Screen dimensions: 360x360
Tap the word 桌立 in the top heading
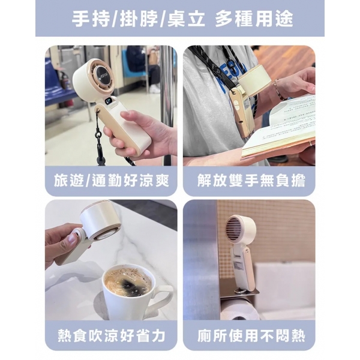[186, 19]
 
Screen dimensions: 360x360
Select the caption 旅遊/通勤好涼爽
[112, 181]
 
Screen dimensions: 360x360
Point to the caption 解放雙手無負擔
[251, 181]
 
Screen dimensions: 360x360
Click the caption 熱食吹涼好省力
[112, 335]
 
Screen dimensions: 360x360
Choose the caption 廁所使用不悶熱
[251, 335]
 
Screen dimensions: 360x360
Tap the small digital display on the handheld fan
[109, 101]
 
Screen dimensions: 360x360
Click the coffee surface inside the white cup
[127, 282]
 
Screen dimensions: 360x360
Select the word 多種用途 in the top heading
[254, 19]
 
